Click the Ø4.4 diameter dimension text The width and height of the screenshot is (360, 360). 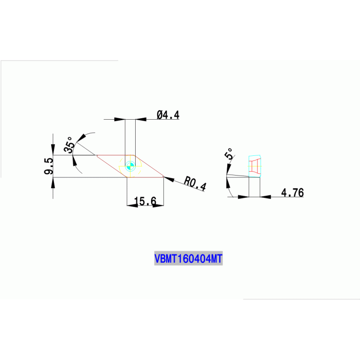click(168, 115)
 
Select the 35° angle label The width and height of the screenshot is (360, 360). click(69, 145)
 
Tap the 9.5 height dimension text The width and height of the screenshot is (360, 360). click(48, 166)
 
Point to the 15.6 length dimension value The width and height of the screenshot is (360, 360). click(145, 201)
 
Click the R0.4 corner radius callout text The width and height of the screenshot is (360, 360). click(195, 183)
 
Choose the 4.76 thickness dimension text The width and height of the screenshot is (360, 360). click(292, 192)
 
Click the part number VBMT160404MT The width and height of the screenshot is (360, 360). click(188, 259)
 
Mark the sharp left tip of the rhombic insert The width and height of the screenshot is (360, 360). click(96, 155)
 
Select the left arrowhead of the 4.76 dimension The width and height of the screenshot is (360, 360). click(244, 197)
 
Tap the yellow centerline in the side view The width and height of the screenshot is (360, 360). click(249, 166)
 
